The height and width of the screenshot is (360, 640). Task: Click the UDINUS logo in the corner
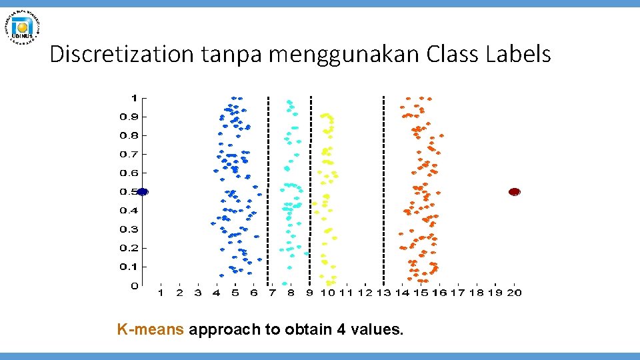point(24,27)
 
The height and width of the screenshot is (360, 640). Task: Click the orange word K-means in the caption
point(151,329)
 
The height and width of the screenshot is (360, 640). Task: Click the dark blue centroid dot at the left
point(142,192)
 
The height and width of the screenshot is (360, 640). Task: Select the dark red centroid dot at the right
point(514,192)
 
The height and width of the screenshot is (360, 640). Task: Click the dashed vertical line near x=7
point(268,190)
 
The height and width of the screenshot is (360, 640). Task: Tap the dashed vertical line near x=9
point(311,190)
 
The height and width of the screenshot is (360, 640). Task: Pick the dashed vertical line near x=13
point(383,190)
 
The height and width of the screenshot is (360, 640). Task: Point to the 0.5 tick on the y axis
point(129,192)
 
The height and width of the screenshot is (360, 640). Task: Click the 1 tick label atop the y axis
point(134,98)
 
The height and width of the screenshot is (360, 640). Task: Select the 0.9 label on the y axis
point(129,117)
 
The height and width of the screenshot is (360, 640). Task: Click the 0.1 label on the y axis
point(129,267)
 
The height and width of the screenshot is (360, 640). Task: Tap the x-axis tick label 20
point(514,293)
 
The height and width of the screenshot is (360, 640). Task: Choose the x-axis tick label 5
point(235,293)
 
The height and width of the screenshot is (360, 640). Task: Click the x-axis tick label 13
point(383,293)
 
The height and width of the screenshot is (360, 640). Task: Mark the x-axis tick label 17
point(458,293)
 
